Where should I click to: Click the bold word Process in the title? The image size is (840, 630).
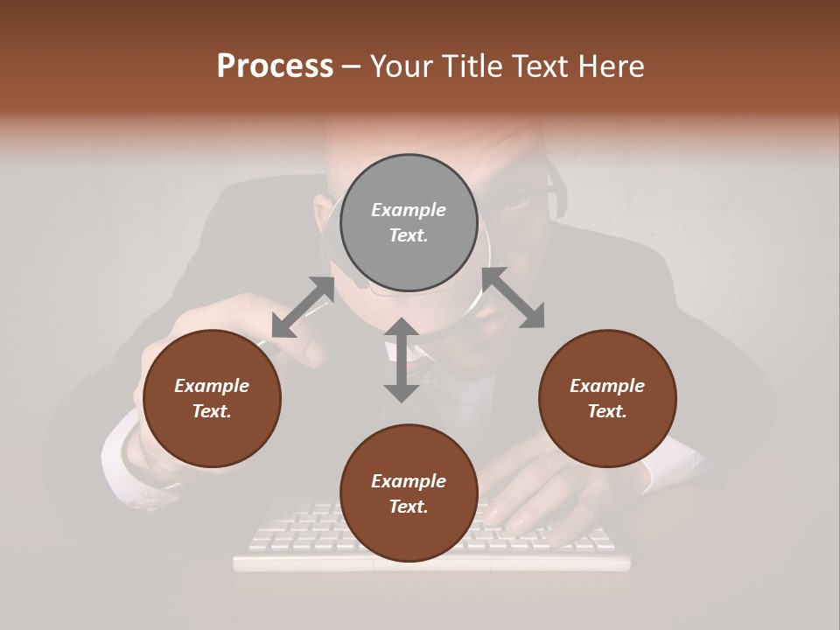(275, 66)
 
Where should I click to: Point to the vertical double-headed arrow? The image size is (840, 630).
(402, 360)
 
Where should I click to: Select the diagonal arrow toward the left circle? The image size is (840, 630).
(303, 307)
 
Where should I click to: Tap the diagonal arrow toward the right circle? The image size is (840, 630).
(513, 298)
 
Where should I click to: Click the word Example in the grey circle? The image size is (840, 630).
(409, 210)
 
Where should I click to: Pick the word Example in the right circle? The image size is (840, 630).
(607, 386)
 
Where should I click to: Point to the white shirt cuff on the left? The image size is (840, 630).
(118, 455)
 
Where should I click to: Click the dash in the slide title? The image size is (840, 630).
(352, 66)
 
